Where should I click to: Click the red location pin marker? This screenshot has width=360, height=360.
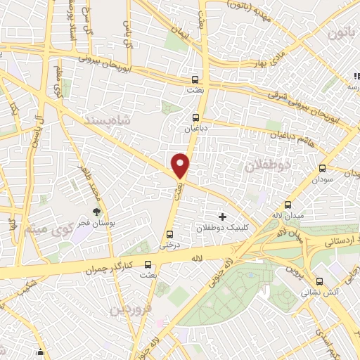(181, 166)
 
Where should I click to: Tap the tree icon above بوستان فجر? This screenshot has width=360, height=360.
(97, 212)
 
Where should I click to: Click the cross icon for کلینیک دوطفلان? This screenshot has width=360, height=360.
(223, 217)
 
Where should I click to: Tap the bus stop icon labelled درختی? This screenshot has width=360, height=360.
(169, 234)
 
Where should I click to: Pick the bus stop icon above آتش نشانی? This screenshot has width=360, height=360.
(307, 278)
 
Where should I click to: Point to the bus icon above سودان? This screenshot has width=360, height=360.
(323, 169)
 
